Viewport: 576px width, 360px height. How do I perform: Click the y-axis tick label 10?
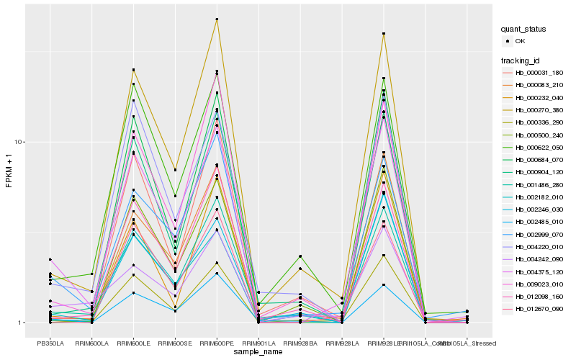(x=20, y=142)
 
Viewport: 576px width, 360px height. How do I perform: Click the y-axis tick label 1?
(x=22, y=323)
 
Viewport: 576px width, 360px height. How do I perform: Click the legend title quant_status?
(x=524, y=30)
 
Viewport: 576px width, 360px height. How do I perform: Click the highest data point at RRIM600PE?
(x=217, y=19)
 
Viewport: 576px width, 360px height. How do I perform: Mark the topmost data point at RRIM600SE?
(x=176, y=170)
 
